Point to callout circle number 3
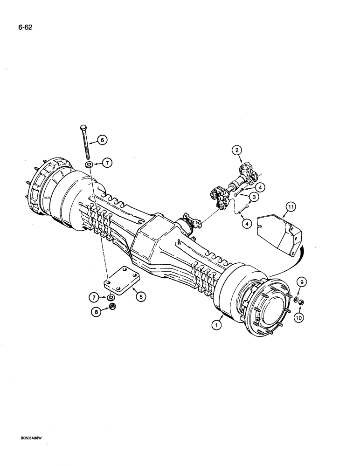pos(254,198)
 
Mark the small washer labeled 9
pos(296,299)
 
